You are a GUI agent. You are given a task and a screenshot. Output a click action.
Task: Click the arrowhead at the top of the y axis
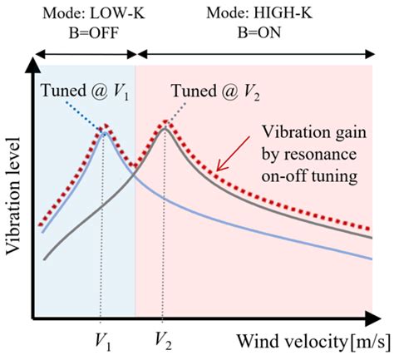tap(32, 62)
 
